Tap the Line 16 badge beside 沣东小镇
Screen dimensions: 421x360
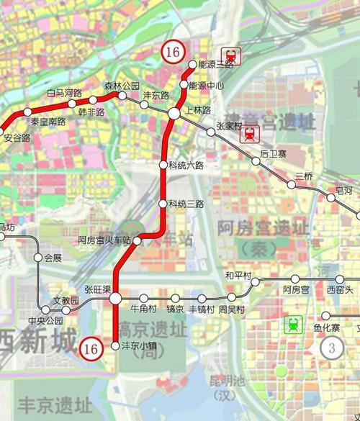pyautogui.click(x=91, y=348)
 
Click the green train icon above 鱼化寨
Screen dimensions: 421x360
pyautogui.click(x=292, y=325)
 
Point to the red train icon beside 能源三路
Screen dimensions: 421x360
pyautogui.click(x=231, y=55)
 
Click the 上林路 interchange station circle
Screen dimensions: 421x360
pyautogui.click(x=174, y=114)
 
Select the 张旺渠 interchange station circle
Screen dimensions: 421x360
pyautogui.click(x=115, y=298)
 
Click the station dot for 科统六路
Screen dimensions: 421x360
pyautogui.click(x=163, y=166)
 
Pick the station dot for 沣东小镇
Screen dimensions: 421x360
pyautogui.click(x=115, y=346)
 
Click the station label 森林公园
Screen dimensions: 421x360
pyautogui.click(x=121, y=86)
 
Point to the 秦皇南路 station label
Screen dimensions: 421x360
pyautogui.click(x=48, y=122)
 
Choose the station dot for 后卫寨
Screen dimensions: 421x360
pyautogui.click(x=256, y=161)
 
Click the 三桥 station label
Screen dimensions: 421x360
pyautogui.click(x=304, y=176)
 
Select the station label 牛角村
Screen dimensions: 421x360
pyautogui.click(x=144, y=309)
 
